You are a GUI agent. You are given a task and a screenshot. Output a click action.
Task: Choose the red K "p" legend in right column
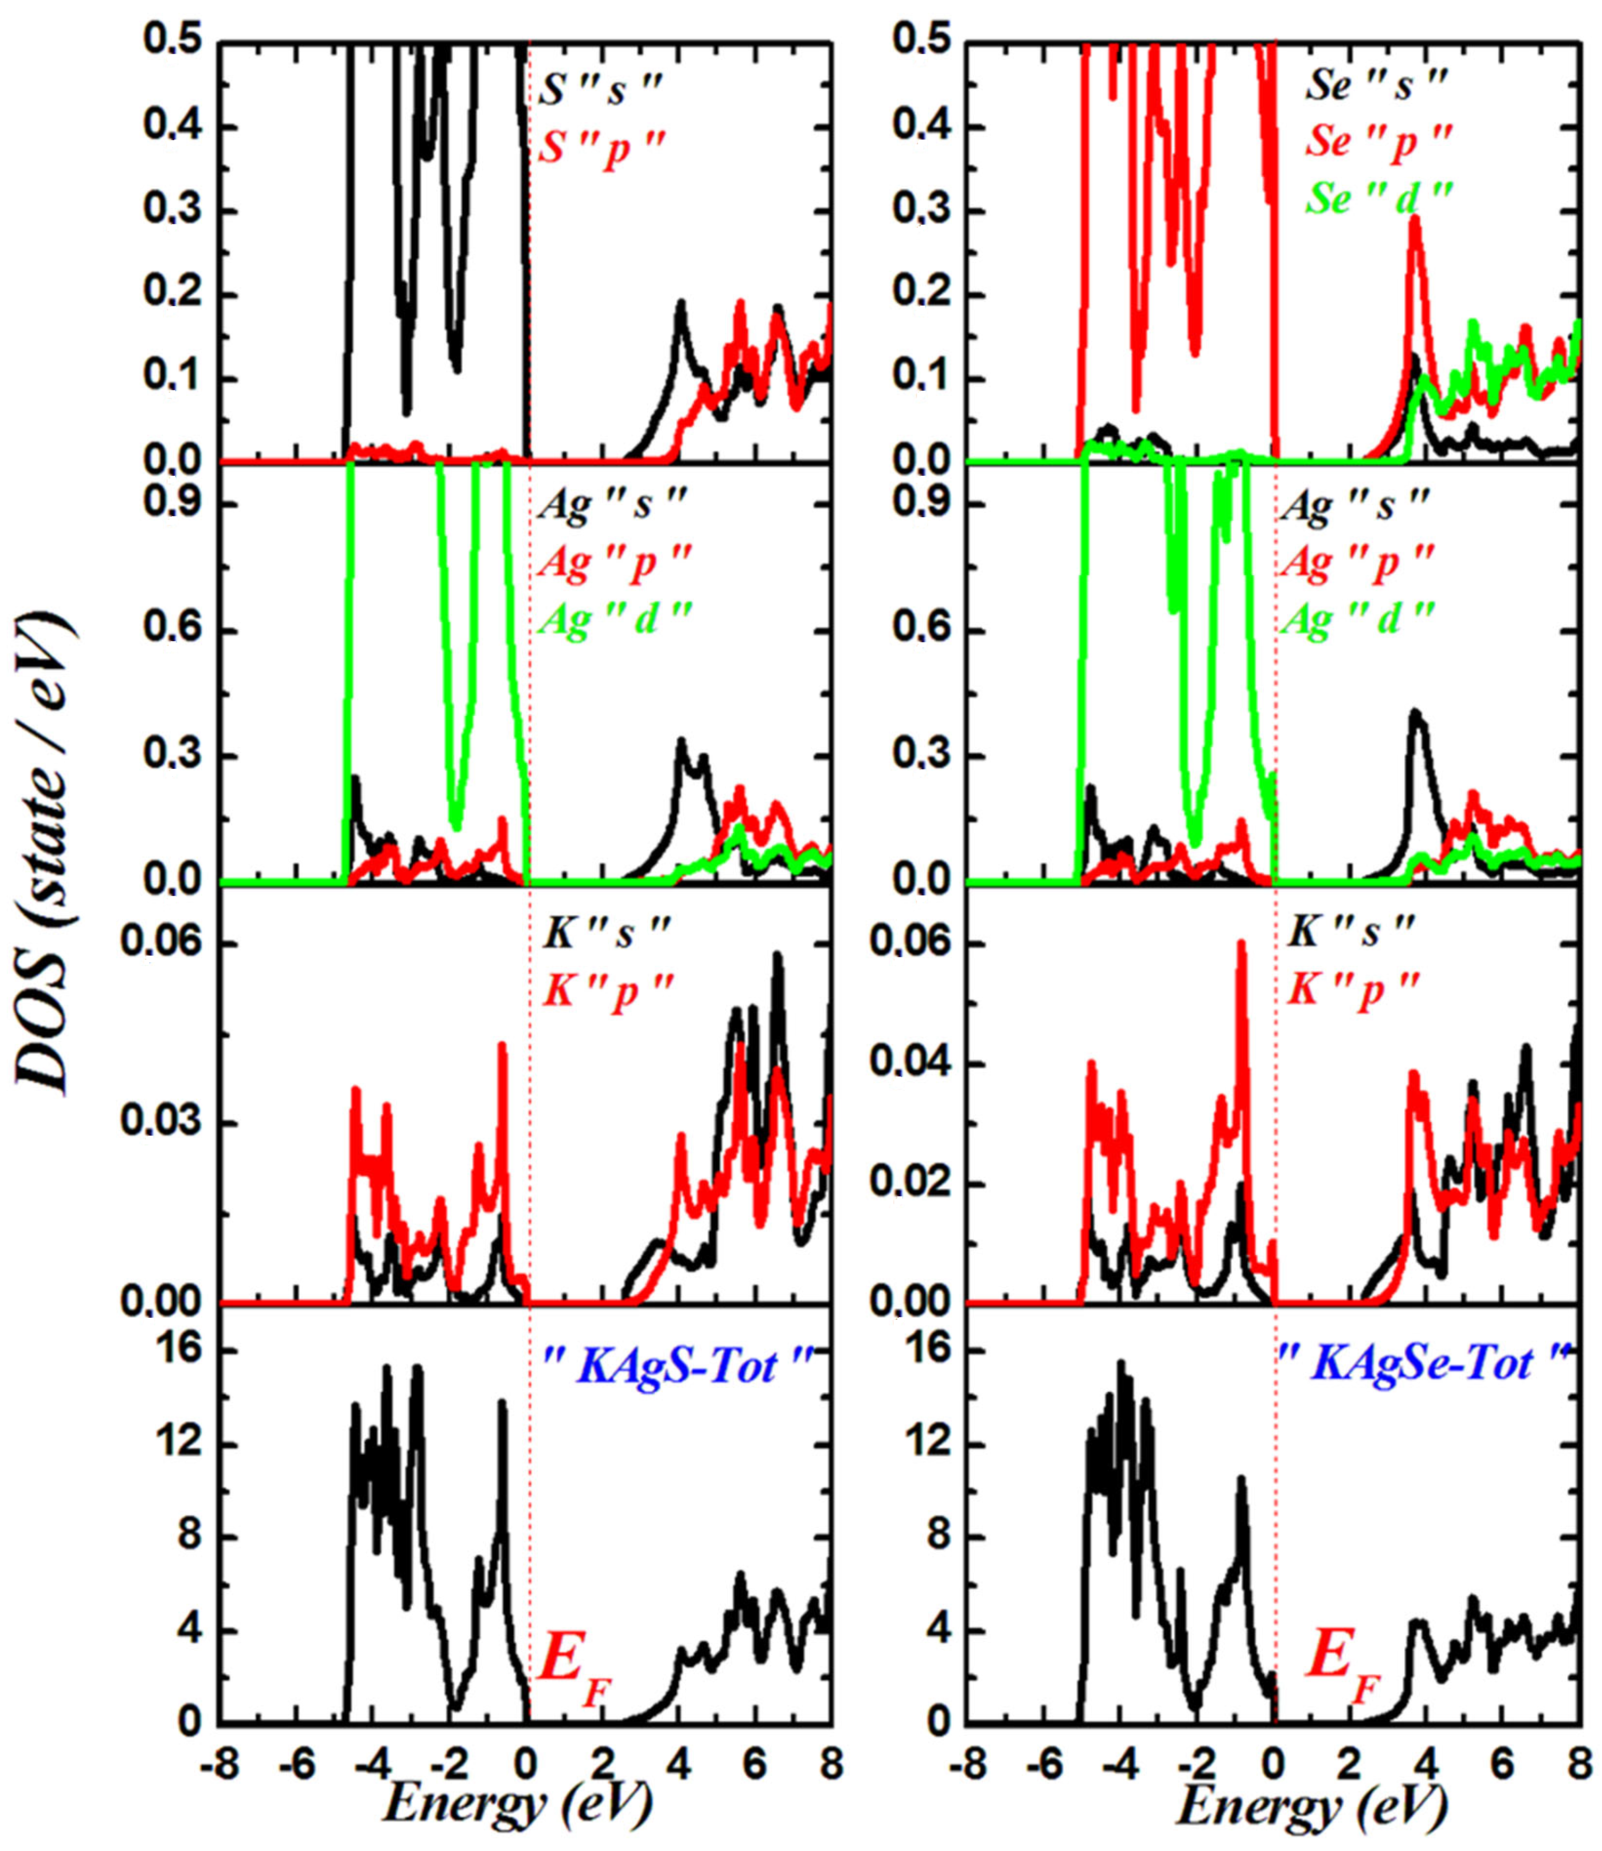(x=1353, y=991)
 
